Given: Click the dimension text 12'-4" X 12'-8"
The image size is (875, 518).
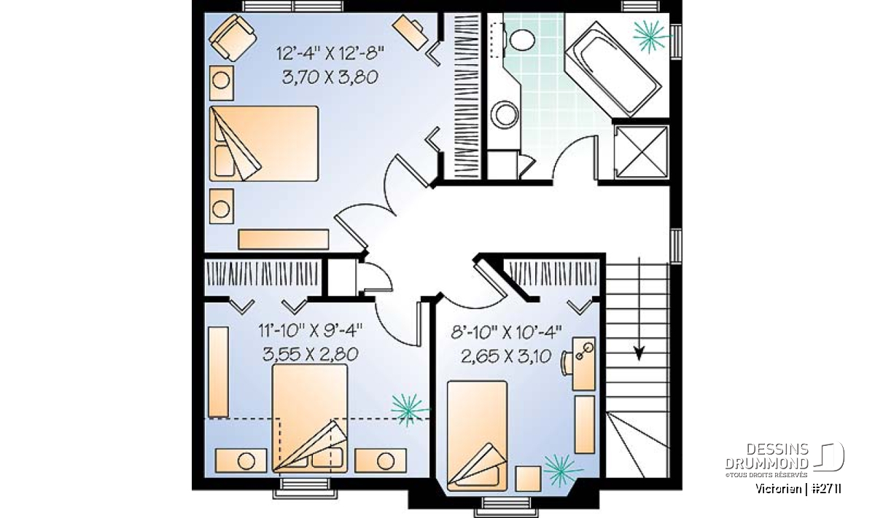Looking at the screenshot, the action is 330,52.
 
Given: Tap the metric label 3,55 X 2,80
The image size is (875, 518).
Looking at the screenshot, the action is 311,355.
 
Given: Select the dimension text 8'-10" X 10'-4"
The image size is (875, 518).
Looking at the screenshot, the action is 506,332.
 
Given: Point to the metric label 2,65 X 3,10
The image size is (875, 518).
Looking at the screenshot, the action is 506,356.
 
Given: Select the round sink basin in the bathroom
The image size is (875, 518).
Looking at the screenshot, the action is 505,115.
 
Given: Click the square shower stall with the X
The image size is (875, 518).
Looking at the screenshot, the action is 642,152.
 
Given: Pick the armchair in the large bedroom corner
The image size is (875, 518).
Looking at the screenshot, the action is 233,37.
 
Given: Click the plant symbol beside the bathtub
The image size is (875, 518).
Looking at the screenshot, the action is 650,36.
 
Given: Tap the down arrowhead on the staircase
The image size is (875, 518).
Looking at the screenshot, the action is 639,353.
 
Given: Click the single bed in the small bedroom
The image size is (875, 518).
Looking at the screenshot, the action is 477,436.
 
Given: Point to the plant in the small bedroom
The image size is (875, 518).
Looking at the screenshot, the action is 561,470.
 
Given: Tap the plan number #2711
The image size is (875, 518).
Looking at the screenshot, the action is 825,489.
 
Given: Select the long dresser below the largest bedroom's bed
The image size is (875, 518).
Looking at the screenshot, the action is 283,239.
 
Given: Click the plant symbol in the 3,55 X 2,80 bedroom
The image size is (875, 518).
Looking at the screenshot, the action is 408,410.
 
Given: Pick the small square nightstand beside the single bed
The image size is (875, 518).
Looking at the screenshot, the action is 528,479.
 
